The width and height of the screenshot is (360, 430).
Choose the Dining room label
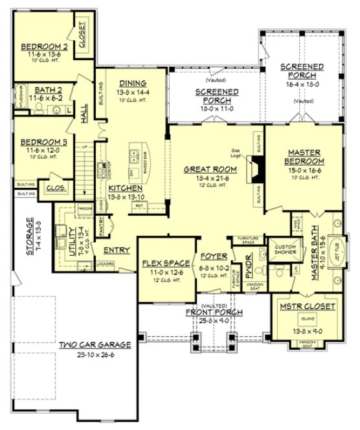click(x=133, y=83)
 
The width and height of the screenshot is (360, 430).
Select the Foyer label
click(x=213, y=256)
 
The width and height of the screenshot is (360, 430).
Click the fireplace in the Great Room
click(x=257, y=174)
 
